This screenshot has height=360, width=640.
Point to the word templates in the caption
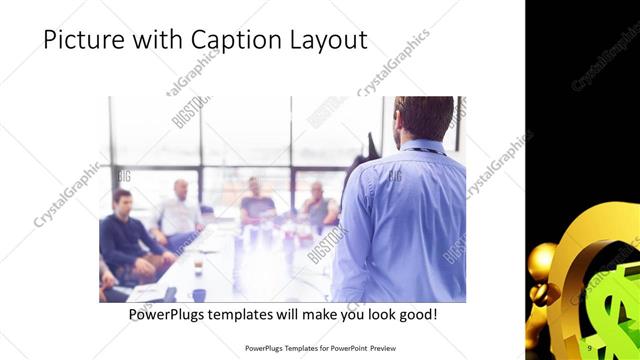[250, 315]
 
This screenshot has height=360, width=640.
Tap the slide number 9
[589, 347]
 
